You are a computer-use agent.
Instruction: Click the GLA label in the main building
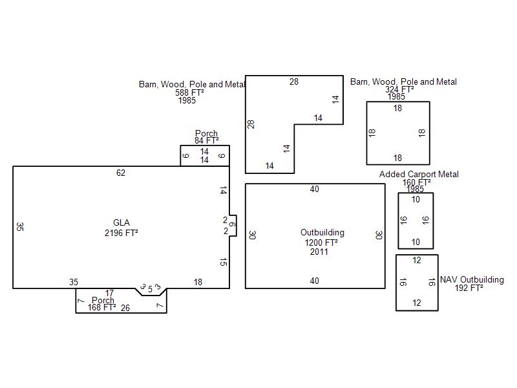point(121,223)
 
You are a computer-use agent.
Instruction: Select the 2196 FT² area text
point(121,233)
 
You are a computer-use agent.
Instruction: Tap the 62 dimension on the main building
point(121,173)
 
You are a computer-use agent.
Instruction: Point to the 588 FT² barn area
point(189,92)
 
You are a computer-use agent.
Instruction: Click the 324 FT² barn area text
point(399,90)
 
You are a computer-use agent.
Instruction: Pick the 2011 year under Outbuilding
point(319,252)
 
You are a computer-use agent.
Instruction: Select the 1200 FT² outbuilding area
point(321,242)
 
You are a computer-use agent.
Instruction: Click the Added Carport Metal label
point(419,174)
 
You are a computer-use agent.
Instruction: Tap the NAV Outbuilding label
point(472,280)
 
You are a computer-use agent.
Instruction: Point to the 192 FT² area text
point(469,288)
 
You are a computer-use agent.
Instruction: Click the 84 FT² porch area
point(206,140)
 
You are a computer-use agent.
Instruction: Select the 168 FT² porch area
point(102,307)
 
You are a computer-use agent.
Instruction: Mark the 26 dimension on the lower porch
point(125,308)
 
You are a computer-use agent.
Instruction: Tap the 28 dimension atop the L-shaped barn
point(294,81)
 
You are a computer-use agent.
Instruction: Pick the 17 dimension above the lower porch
point(110,294)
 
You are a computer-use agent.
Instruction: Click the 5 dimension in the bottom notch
point(150,289)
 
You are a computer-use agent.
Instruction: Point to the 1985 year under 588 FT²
point(187,100)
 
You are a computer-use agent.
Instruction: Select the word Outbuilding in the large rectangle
point(322,232)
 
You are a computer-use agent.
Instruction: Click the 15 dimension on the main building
point(223,263)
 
